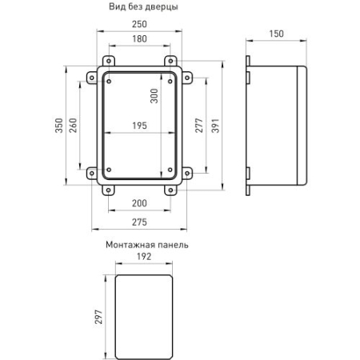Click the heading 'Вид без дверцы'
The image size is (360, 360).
tap(143, 7)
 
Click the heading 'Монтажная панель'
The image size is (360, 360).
tap(146, 245)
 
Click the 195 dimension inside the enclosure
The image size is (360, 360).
tap(139, 126)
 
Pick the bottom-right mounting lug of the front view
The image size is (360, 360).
tap(170, 190)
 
